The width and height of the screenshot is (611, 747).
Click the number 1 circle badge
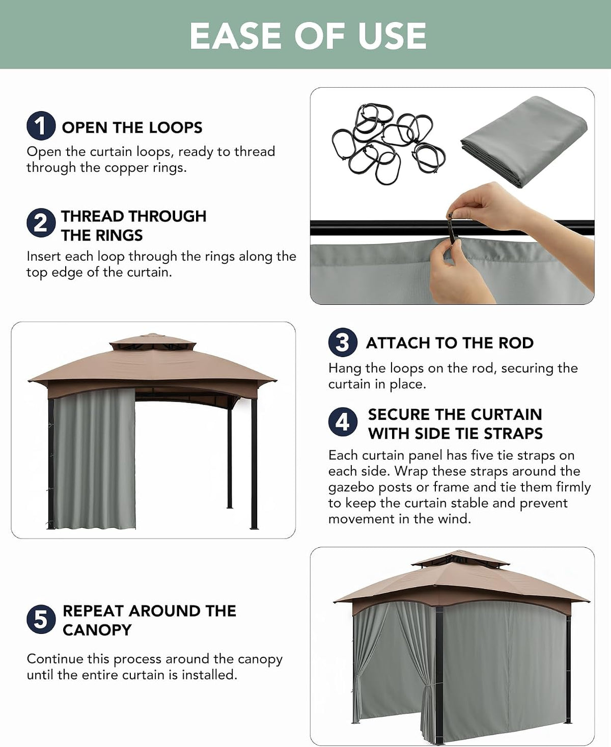41,126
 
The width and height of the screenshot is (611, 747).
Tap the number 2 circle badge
41,223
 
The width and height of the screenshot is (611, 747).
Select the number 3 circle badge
343,342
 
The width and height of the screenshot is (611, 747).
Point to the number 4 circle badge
343,422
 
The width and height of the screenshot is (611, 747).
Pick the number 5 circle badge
41,619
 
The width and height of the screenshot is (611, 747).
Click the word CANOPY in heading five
97,630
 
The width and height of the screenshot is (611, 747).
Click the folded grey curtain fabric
523,141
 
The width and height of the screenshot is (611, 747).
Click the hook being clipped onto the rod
453,228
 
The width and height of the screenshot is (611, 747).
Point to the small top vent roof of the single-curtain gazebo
153,341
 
